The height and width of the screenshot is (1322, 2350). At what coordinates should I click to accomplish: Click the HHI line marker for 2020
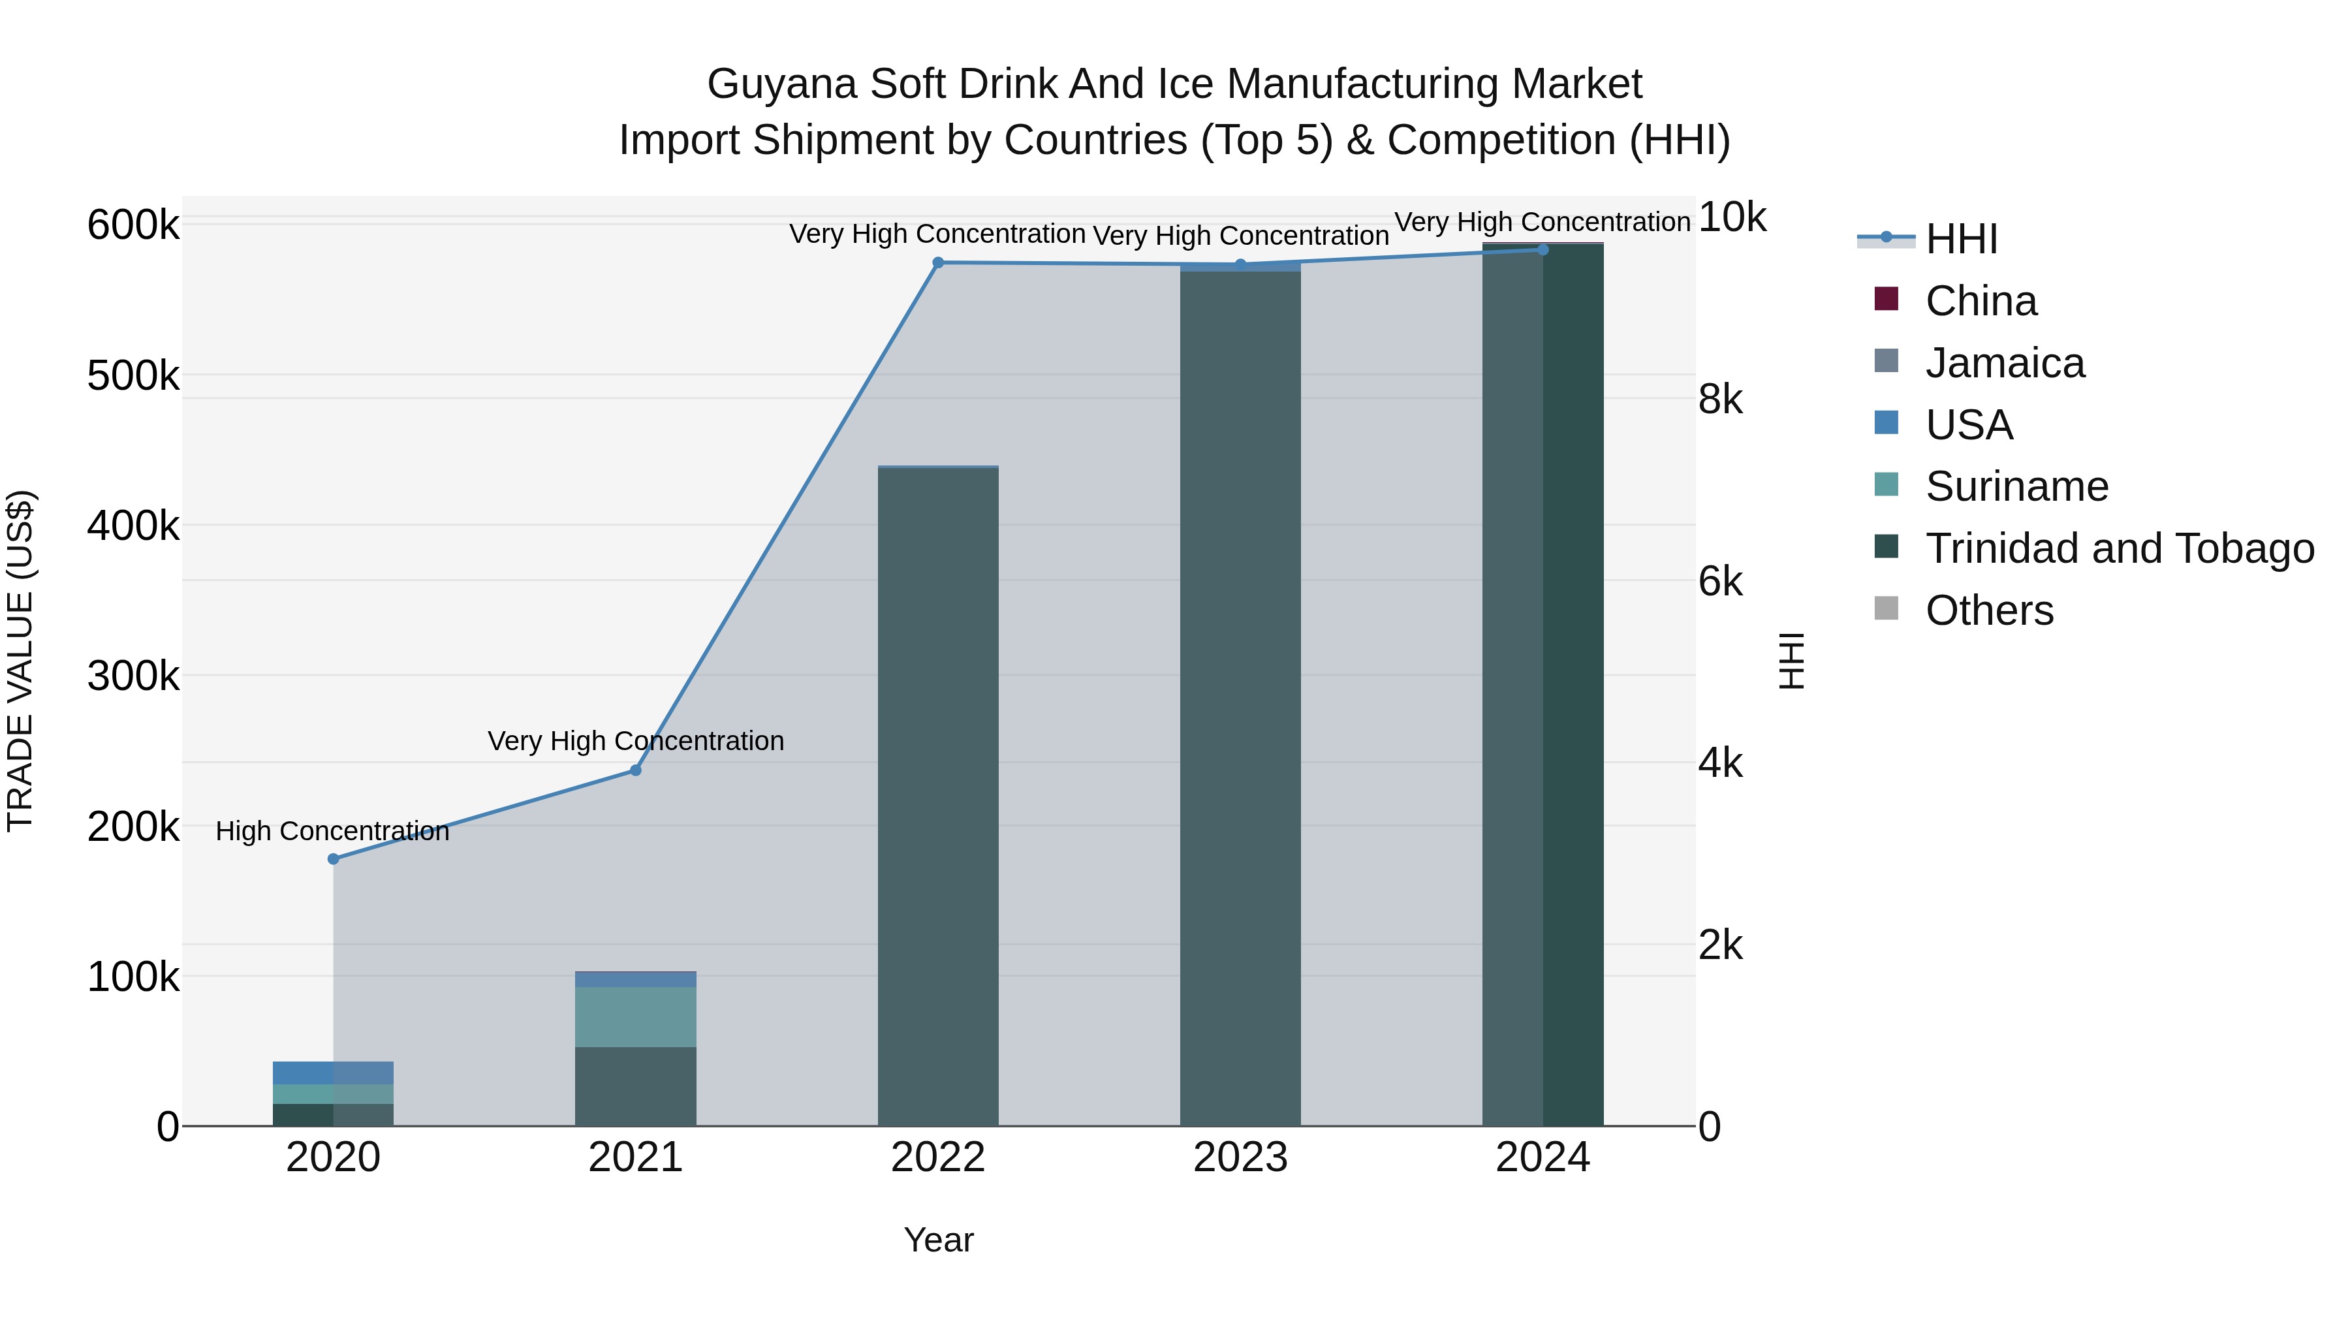tap(333, 858)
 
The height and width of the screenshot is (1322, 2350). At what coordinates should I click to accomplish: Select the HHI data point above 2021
tap(636, 770)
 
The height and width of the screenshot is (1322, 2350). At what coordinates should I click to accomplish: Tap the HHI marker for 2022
tap(938, 262)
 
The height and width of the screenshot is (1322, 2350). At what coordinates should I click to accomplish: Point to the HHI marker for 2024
tap(1543, 249)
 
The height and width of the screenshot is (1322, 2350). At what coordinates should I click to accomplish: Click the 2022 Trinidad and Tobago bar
tap(938, 794)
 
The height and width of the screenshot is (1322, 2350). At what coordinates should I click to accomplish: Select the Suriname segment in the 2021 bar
tap(636, 1016)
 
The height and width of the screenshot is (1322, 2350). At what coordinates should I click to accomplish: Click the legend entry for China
tap(1980, 301)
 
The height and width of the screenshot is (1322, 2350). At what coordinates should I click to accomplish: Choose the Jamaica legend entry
tap(2003, 363)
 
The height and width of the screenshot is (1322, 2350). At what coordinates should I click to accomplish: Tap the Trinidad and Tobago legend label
tap(2118, 548)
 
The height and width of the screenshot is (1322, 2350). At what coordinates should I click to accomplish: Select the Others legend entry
tap(1989, 610)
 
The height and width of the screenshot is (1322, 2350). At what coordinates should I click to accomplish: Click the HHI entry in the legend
tap(1960, 239)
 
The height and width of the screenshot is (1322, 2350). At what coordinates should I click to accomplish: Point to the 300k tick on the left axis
tap(133, 676)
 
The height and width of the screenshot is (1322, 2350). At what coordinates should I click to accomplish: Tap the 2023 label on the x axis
tap(1240, 1157)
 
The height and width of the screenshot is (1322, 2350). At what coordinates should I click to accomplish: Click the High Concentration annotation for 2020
tap(332, 831)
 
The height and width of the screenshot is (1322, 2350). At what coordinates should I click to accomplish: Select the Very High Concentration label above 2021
tap(636, 741)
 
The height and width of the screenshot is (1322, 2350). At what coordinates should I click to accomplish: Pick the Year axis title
tap(939, 1240)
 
